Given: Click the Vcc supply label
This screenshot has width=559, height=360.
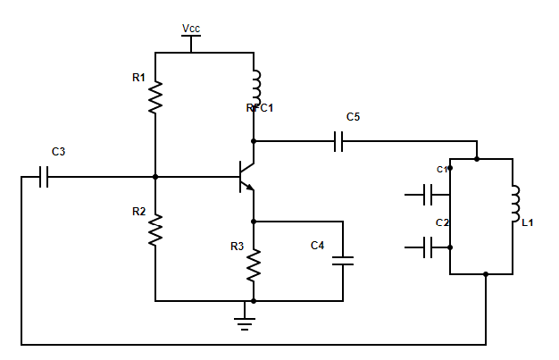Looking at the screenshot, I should click(191, 29).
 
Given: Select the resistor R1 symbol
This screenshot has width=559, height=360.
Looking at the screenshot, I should click(155, 97).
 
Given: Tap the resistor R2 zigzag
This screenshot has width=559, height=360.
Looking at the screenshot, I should click(155, 231).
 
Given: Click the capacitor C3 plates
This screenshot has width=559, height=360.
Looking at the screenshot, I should click(44, 177).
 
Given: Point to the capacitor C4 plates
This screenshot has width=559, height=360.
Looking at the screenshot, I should click(343, 261).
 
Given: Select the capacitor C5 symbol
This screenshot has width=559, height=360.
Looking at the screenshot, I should click(338, 141).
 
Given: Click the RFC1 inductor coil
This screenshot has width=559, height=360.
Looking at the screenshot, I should click(255, 88).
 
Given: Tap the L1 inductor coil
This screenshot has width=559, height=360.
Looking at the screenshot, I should click(515, 204).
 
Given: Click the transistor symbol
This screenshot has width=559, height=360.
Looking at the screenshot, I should click(247, 176).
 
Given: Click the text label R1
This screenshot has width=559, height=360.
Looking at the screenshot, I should click(138, 78).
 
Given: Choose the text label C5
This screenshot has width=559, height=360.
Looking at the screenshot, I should click(354, 117).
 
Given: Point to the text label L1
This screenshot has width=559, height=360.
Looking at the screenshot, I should click(528, 222).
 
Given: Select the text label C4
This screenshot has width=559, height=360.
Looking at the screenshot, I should click(317, 246).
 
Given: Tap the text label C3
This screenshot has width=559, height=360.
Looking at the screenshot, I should click(58, 152).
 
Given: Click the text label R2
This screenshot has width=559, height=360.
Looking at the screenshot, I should click(138, 212).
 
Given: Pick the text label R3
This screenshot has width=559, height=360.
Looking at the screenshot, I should click(236, 246).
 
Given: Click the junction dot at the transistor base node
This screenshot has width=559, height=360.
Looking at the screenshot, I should click(155, 177).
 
